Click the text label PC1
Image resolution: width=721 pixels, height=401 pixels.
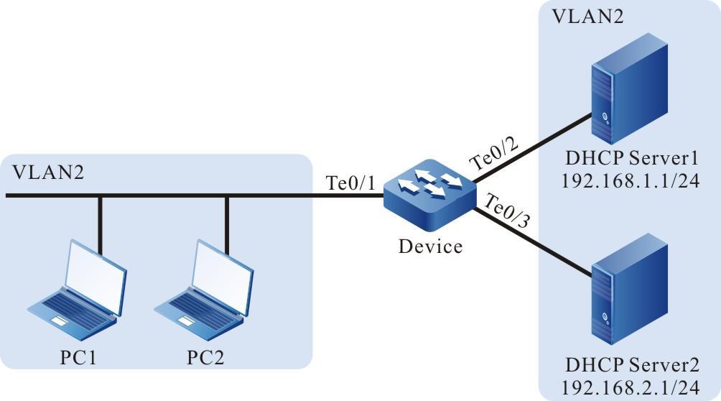click(x=79, y=356)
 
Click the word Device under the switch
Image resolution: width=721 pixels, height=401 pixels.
click(x=431, y=246)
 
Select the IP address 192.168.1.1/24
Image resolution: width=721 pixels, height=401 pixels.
click(x=631, y=179)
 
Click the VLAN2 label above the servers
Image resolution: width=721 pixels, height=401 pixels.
click(x=579, y=17)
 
